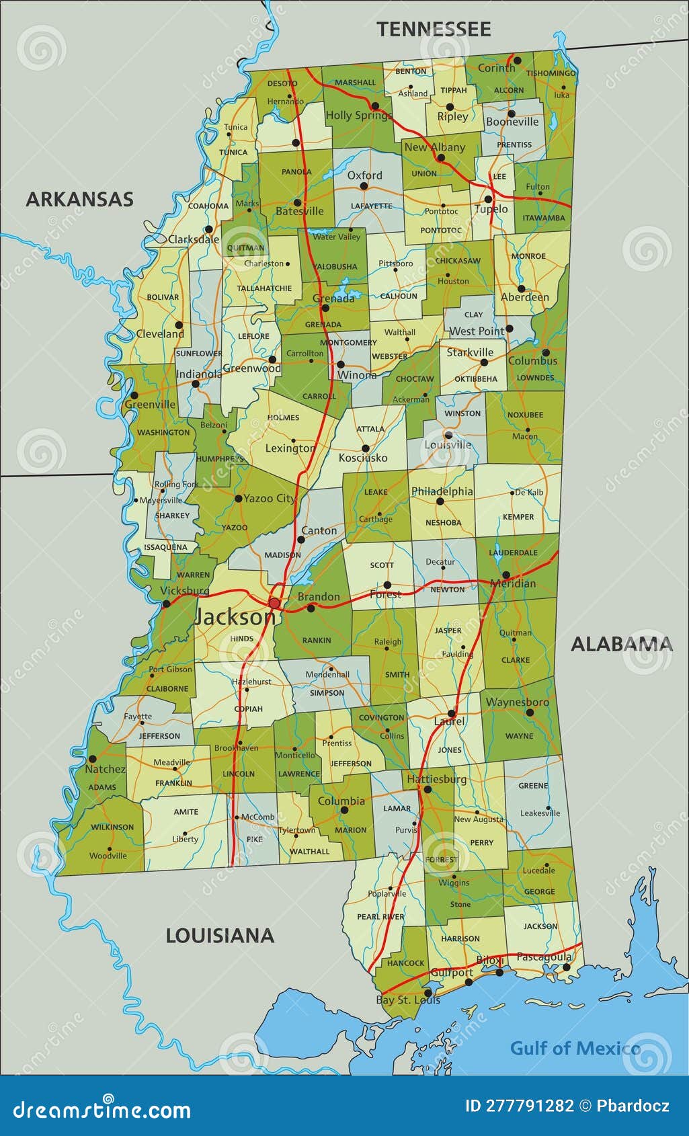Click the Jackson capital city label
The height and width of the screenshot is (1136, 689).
233,618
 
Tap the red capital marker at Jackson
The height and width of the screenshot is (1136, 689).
274,603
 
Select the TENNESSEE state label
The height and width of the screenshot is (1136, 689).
434,30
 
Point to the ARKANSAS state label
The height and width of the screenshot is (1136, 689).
79,200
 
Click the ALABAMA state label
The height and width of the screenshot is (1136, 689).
621,644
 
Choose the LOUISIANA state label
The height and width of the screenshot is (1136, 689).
220,936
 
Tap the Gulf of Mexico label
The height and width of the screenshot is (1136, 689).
575,1048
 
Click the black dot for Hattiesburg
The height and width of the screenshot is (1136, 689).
428,790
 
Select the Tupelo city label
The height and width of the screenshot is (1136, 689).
491,209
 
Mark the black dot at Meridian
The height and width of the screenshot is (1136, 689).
505,575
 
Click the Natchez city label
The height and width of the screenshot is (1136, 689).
105,769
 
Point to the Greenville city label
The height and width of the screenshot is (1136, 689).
150,405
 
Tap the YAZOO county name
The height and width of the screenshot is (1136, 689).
235,528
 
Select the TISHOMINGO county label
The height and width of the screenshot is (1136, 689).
551,73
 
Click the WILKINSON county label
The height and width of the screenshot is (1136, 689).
112,827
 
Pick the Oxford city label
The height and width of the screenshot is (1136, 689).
364,175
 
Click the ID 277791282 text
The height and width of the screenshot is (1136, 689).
520,1106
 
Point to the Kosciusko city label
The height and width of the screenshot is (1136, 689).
363,458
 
